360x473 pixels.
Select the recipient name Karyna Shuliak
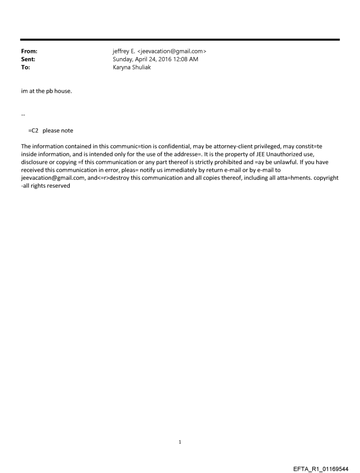[132, 67]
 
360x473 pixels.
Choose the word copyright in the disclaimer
[326, 178]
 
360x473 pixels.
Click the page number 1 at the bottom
[180, 442]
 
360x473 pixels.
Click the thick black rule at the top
[180, 40]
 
